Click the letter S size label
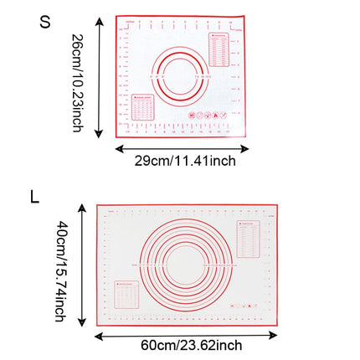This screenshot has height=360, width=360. coord(45,23)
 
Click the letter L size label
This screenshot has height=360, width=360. coord(34,198)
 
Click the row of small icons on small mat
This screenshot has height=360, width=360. coord(203,115)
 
